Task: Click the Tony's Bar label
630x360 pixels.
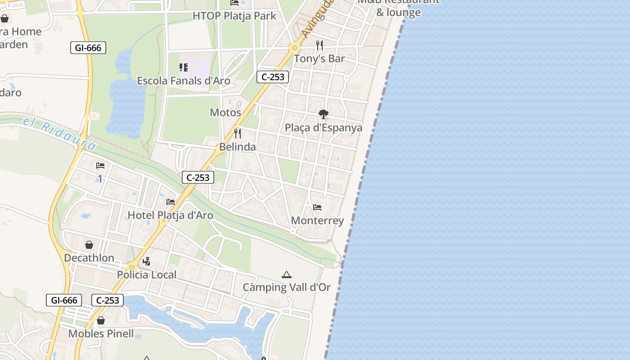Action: click(x=319, y=58)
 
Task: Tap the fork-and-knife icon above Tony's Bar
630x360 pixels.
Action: click(x=319, y=45)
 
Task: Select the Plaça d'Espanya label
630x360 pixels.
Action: click(x=323, y=128)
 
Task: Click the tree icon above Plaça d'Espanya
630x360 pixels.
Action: click(x=323, y=114)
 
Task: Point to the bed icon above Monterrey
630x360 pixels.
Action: click(x=317, y=207)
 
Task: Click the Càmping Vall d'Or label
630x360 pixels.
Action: click(x=287, y=287)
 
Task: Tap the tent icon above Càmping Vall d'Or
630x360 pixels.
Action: click(x=287, y=274)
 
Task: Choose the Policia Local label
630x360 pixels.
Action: click(x=147, y=274)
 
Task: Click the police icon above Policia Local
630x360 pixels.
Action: click(x=146, y=261)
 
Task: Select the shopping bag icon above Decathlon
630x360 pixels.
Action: click(x=89, y=245)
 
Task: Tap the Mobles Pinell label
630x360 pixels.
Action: click(x=101, y=334)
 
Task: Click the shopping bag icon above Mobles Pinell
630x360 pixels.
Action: click(x=101, y=320)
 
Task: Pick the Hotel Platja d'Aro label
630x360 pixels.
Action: click(x=171, y=215)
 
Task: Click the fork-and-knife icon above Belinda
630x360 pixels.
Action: click(x=238, y=133)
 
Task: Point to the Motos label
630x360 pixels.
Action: click(x=225, y=112)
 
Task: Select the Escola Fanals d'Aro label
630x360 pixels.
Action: click(x=184, y=81)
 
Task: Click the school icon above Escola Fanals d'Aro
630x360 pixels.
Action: click(x=184, y=67)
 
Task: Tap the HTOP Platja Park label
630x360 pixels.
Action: click(x=234, y=16)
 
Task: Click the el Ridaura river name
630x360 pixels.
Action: click(x=60, y=134)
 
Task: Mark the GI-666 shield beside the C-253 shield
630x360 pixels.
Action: click(x=64, y=300)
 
